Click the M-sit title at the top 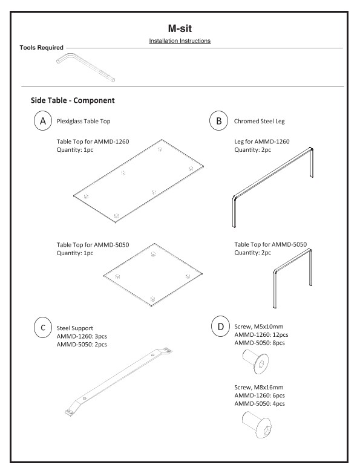pyautogui.click(x=180, y=28)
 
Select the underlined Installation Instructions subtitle pyautogui.click(x=180, y=41)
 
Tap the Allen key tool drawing pyautogui.click(x=87, y=67)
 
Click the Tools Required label pyautogui.click(x=41, y=48)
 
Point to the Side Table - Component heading pyautogui.click(x=73, y=100)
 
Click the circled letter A pyautogui.click(x=42, y=121)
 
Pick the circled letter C pyautogui.click(x=42, y=328)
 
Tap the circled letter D pyautogui.click(x=218, y=328)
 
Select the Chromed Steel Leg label pyautogui.click(x=259, y=121)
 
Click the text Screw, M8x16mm pyautogui.click(x=258, y=387)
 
